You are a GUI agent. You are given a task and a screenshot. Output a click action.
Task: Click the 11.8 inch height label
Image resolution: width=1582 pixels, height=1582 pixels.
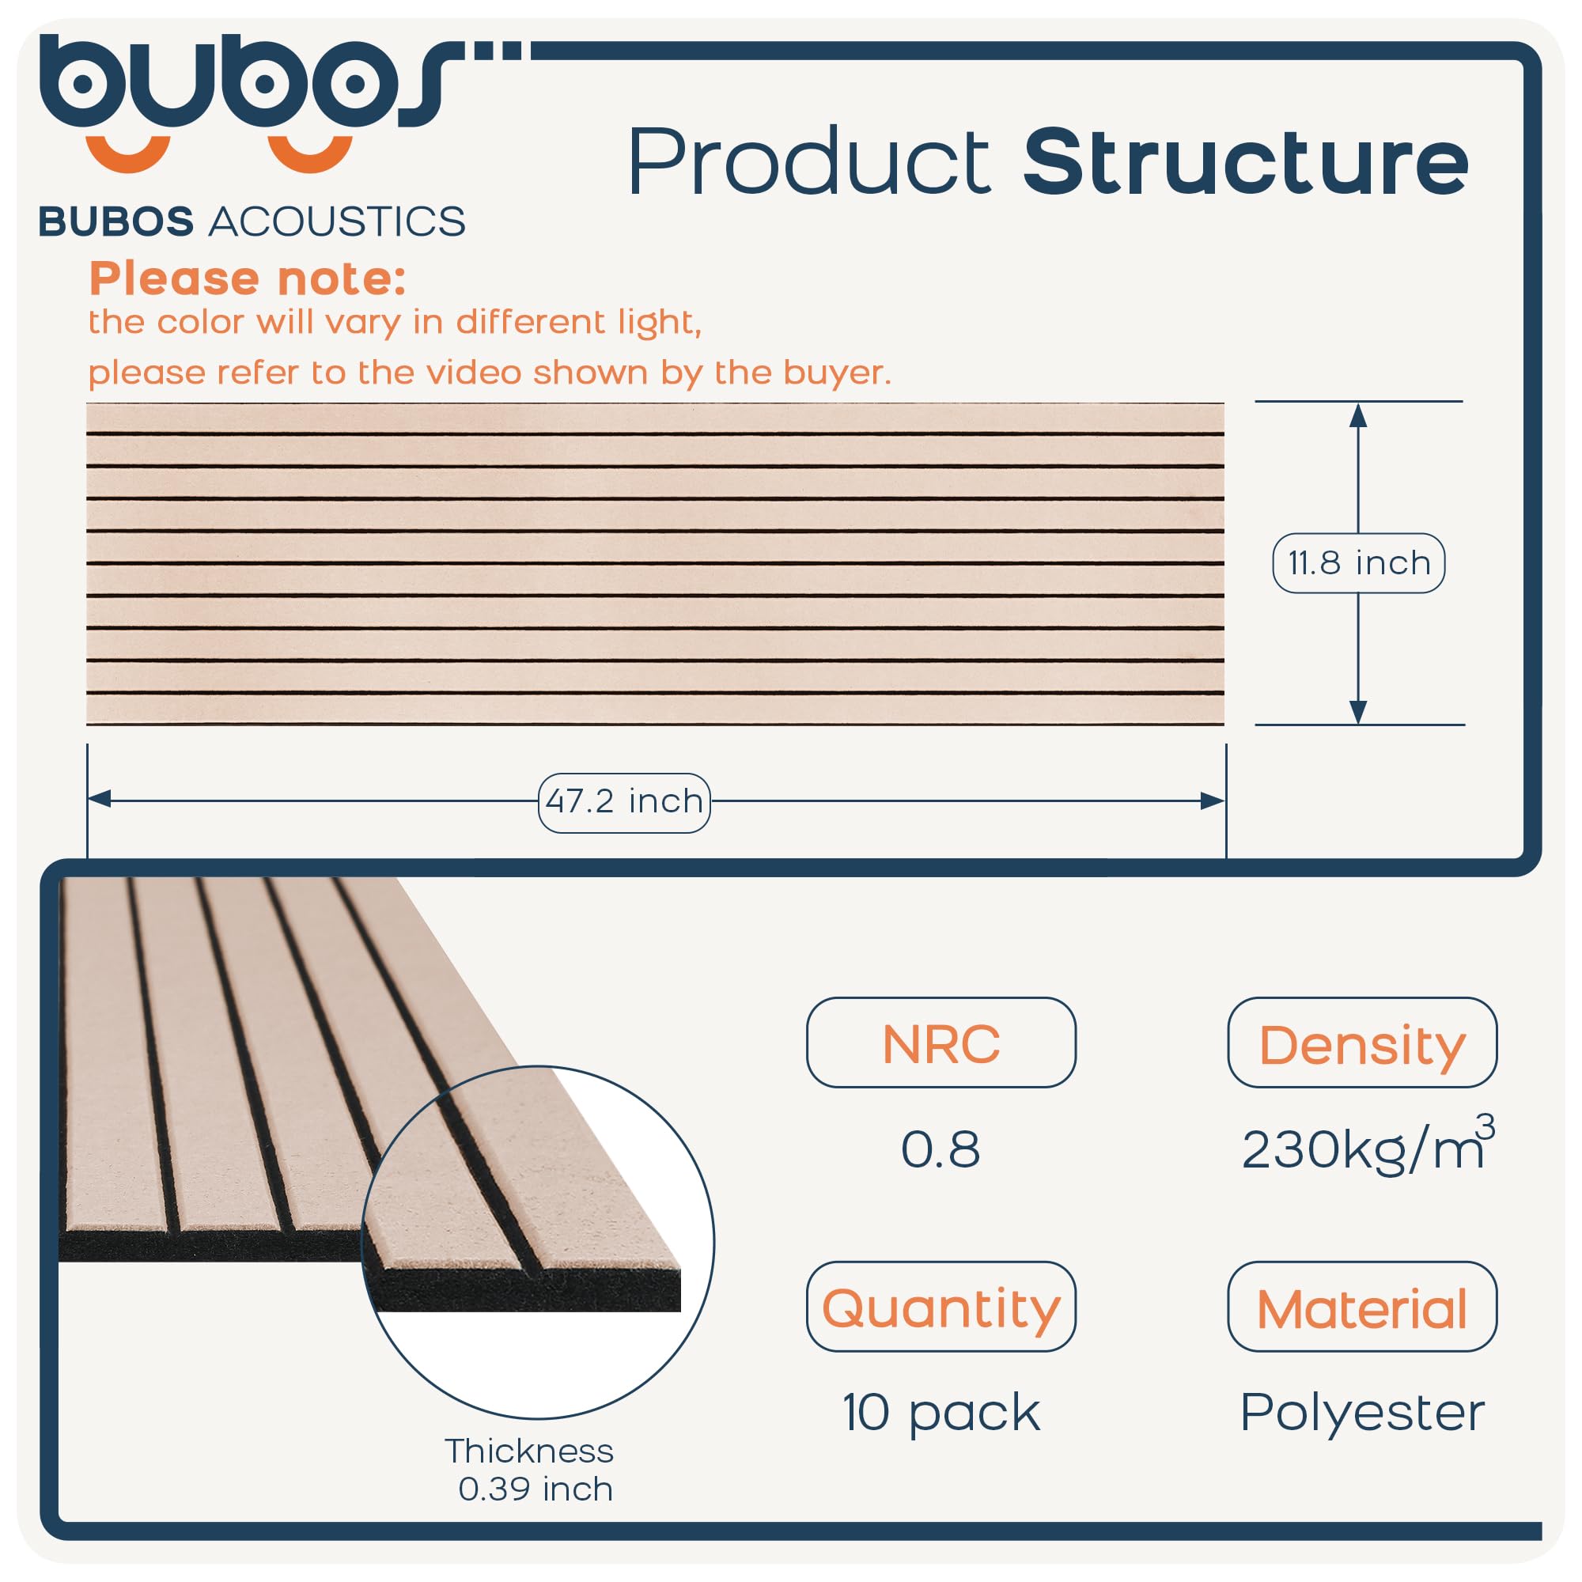tap(1357, 562)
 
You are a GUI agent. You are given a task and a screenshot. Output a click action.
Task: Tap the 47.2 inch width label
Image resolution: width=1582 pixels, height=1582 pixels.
tap(624, 801)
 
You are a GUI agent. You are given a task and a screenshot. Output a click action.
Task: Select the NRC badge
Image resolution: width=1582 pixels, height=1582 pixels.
tap(940, 1043)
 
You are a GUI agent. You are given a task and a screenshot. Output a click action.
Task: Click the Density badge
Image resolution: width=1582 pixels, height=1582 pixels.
tap(1362, 1043)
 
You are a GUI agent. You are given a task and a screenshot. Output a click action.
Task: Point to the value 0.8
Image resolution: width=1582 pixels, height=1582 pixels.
tap(940, 1149)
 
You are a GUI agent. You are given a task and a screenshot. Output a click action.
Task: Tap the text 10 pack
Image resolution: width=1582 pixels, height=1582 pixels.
tap(940, 1413)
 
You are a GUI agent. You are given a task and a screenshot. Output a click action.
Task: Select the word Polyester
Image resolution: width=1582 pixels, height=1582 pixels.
tap(1362, 1413)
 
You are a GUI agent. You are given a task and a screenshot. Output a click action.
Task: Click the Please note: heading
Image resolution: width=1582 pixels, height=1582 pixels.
tap(248, 278)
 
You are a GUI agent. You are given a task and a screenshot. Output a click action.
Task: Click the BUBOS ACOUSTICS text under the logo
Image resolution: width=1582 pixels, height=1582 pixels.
tap(252, 222)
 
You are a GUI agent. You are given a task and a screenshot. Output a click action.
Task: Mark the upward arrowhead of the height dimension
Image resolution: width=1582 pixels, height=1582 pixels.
tap(1358, 416)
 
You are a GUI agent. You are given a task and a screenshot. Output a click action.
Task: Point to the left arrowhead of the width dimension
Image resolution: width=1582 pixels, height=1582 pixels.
tap(100, 799)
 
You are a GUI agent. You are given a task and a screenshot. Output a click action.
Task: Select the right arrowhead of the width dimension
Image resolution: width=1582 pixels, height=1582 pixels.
tap(1212, 800)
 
